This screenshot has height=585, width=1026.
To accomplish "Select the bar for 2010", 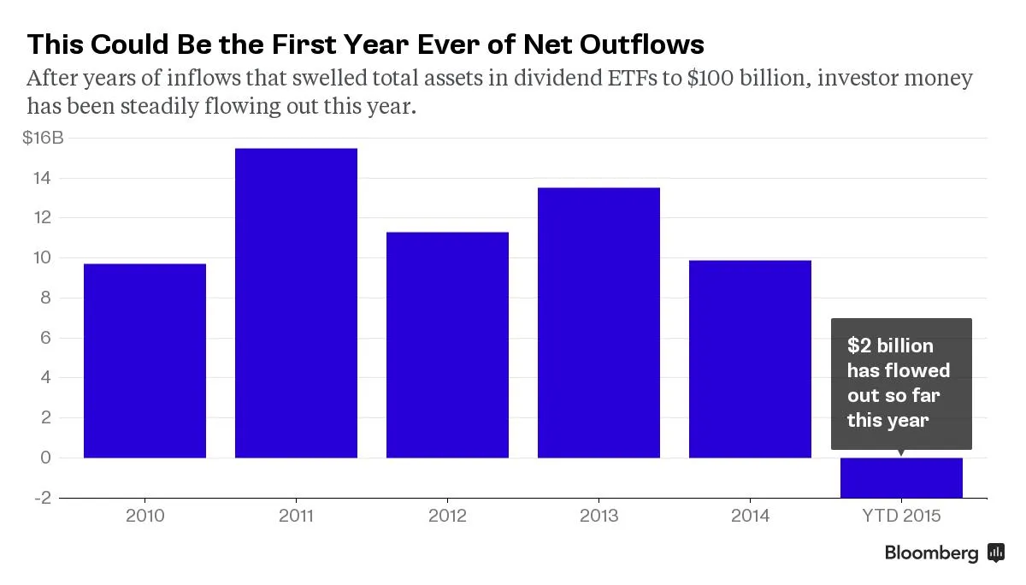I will tap(144, 361).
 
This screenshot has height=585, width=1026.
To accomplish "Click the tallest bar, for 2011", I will tap(296, 304).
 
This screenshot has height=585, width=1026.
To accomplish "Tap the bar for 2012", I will tap(447, 345).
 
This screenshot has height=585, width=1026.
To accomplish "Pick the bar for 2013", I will tap(598, 323).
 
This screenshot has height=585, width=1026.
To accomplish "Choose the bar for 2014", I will tap(750, 359).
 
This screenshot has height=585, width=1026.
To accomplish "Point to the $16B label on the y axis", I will tap(43, 139).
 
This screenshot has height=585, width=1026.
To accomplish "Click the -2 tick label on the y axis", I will tap(43, 497).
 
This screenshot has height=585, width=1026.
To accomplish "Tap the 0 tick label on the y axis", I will tap(46, 458).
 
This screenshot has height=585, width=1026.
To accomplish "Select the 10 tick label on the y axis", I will tap(43, 258).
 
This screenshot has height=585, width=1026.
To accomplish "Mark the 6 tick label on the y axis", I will tap(46, 338).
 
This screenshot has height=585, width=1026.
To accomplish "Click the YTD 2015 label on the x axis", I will tap(901, 516).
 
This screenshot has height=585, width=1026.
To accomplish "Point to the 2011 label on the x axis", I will tap(296, 516).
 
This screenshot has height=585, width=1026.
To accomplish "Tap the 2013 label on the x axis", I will tap(598, 516).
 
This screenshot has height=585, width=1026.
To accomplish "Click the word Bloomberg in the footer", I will tap(931, 553).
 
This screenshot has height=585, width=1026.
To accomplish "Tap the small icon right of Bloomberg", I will tap(995, 552).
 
